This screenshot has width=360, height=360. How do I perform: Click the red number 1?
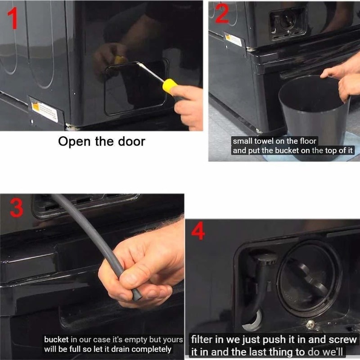pyautogui.click(x=13, y=18)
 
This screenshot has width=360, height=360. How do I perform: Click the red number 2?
pyautogui.click(x=222, y=13)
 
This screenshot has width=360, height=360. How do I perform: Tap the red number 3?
pyautogui.click(x=17, y=208)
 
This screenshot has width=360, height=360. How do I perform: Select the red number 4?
pyautogui.click(x=198, y=231)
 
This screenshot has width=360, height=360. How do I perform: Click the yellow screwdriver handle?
pyautogui.click(x=170, y=86)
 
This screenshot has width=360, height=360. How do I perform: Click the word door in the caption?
pyautogui.click(x=131, y=141)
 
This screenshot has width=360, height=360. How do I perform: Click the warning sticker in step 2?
pyautogui.click(x=233, y=40)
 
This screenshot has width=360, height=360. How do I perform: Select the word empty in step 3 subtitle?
pyautogui.click(x=136, y=340)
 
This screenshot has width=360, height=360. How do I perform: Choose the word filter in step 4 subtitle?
pyautogui.click(x=198, y=340)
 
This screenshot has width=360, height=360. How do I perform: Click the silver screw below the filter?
pyautogui.click(x=310, y=323)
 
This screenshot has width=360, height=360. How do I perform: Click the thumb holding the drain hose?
pyautogui.click(x=133, y=279)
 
